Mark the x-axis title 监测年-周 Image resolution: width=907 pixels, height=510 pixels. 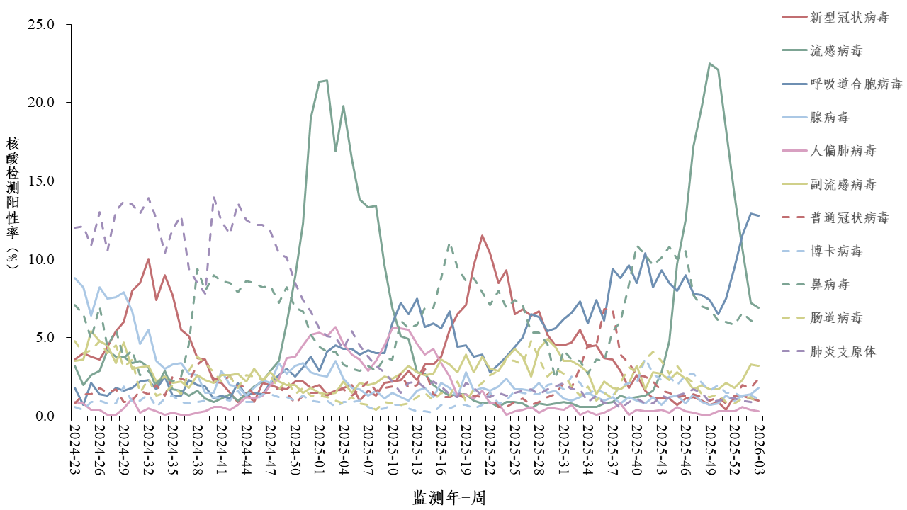point(449,497)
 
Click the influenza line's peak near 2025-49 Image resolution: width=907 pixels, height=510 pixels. point(709,63)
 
